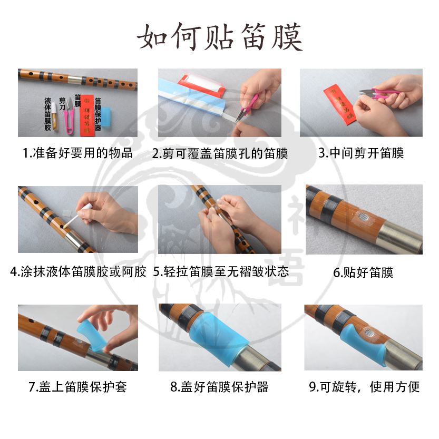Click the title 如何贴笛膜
click(220, 37)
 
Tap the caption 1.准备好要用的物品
click(77, 153)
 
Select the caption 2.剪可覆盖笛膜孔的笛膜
click(220, 153)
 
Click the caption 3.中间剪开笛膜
click(361, 153)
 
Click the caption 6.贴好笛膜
click(363, 273)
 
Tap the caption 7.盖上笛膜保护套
click(77, 387)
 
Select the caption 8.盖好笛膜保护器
click(220, 387)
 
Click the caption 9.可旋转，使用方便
click(364, 387)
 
